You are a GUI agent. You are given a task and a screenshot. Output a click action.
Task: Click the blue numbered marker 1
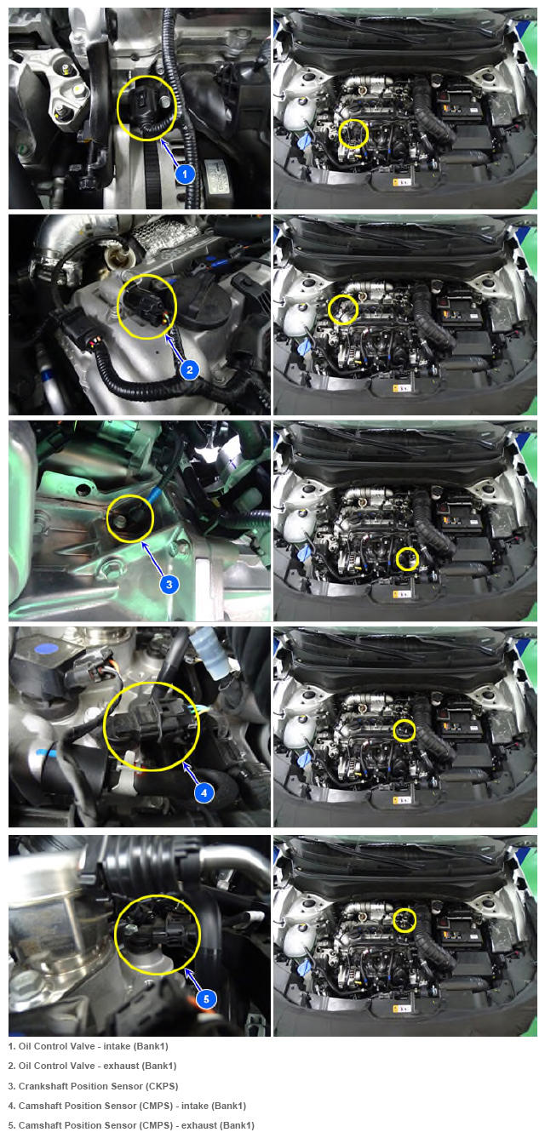click(185, 174)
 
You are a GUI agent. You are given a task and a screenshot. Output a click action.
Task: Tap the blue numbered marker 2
click(190, 369)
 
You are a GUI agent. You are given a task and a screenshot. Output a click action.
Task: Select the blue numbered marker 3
click(169, 584)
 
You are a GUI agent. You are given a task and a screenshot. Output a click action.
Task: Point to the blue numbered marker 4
click(204, 792)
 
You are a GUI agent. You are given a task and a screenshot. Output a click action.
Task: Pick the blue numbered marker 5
click(206, 999)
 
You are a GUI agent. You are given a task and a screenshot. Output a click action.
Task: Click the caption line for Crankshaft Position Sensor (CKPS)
click(93, 1086)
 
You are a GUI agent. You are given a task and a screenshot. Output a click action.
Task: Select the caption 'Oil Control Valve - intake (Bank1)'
click(88, 1046)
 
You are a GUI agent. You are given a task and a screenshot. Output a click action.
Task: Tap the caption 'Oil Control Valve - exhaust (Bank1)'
click(92, 1066)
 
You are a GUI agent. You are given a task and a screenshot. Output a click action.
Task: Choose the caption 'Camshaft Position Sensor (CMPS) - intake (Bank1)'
click(127, 1106)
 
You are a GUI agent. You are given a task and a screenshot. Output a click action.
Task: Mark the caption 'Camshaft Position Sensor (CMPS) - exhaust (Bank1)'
click(131, 1126)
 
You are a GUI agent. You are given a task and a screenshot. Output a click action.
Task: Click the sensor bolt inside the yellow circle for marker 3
click(121, 521)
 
